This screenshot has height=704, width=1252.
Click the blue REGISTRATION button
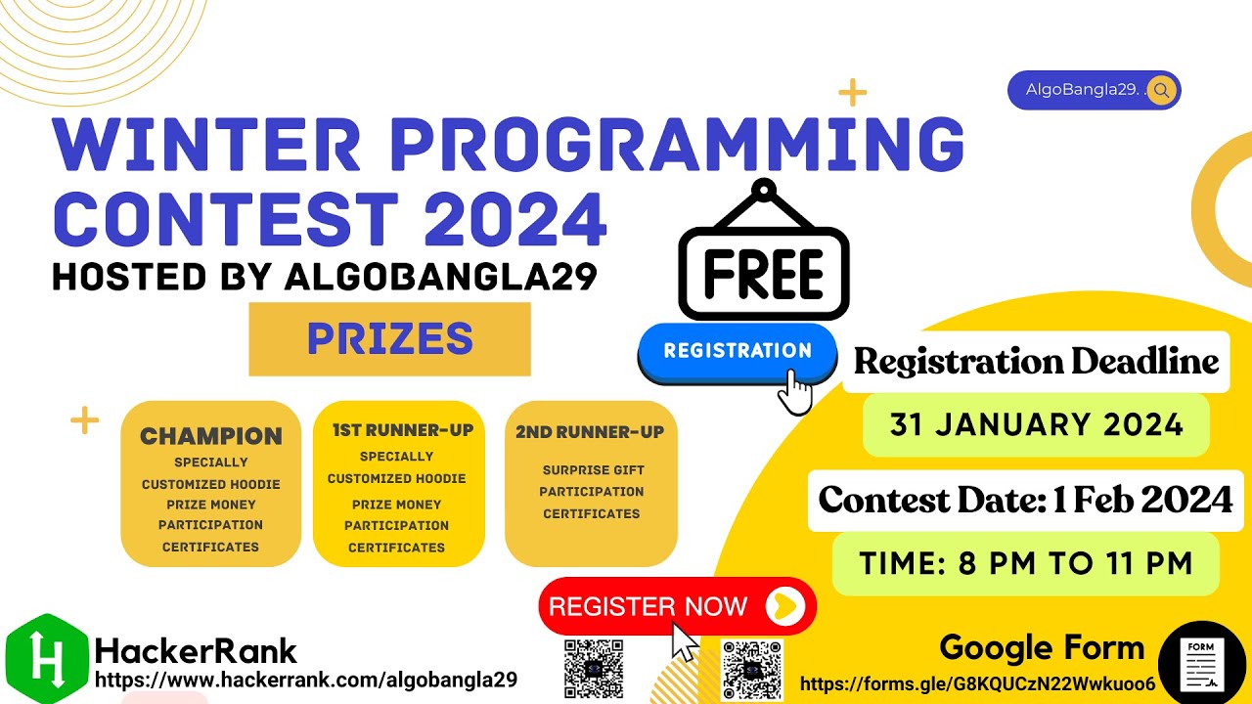tap(738, 351)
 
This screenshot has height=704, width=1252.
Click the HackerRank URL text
tap(305, 680)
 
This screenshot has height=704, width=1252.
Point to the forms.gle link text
tap(977, 683)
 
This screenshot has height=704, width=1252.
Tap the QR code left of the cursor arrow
tap(594, 670)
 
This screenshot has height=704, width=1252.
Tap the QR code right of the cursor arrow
tap(751, 670)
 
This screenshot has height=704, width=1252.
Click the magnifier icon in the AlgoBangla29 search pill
tap(1161, 91)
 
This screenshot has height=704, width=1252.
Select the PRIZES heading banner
tap(389, 339)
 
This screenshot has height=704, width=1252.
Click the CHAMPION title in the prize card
tap(210, 436)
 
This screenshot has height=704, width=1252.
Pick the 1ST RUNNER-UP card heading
tap(402, 430)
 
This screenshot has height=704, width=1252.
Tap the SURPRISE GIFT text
tap(593, 470)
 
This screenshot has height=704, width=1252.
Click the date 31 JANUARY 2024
tap(1036, 425)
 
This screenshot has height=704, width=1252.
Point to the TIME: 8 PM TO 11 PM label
tap(1026, 564)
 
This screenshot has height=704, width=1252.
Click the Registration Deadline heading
tap(1036, 362)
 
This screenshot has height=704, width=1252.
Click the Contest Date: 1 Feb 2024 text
tap(1025, 501)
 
